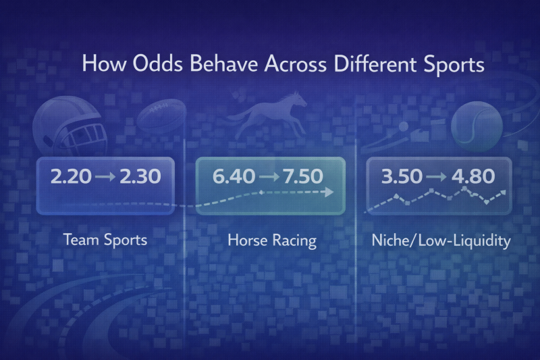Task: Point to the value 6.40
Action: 234,178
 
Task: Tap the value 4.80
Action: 472,178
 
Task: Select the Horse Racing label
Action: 271,240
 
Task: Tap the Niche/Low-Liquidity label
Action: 441,240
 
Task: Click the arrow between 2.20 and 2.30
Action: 105,178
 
